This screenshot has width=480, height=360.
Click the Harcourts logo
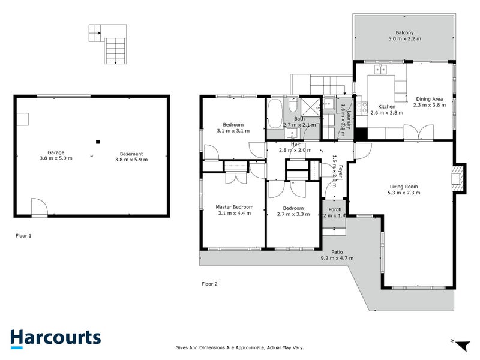[55, 337]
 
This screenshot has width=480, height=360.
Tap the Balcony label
[403, 33]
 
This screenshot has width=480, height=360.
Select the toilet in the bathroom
[292, 106]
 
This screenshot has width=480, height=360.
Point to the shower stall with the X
[311, 107]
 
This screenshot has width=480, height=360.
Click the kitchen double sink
[380, 70]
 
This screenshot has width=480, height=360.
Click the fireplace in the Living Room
[458, 178]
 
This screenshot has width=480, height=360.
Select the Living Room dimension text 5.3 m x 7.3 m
[404, 193]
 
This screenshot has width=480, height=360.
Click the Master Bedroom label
[234, 207]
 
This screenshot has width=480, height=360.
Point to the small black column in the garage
[97, 142]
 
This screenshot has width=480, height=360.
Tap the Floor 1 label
[23, 236]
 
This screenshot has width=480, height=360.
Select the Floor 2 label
[209, 284]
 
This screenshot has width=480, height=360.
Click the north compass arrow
[462, 345]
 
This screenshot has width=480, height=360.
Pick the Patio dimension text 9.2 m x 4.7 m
[337, 259]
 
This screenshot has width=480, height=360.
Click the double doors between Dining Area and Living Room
[418, 133]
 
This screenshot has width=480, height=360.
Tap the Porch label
[334, 209]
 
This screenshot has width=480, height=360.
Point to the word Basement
[130, 152]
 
